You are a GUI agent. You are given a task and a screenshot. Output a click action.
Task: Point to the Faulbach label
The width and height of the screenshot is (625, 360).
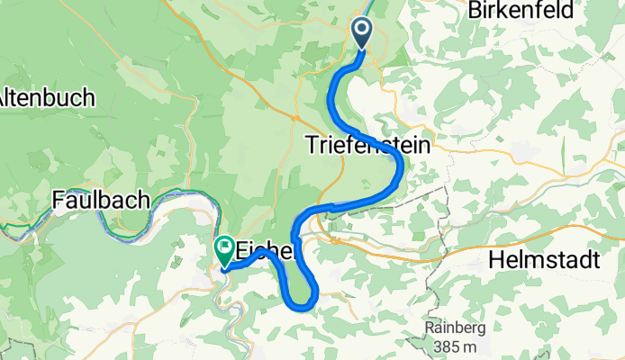[x=100, y=200]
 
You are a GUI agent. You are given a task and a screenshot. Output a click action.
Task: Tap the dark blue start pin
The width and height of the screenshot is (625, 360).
[x=362, y=32]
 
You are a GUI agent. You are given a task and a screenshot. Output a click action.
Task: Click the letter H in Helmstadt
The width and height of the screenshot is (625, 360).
[x=494, y=261]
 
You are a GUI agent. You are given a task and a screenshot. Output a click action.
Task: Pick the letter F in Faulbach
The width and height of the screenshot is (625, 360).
[x=58, y=200]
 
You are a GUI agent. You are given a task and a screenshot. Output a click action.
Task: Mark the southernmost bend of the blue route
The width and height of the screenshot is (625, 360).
[x=302, y=308]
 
